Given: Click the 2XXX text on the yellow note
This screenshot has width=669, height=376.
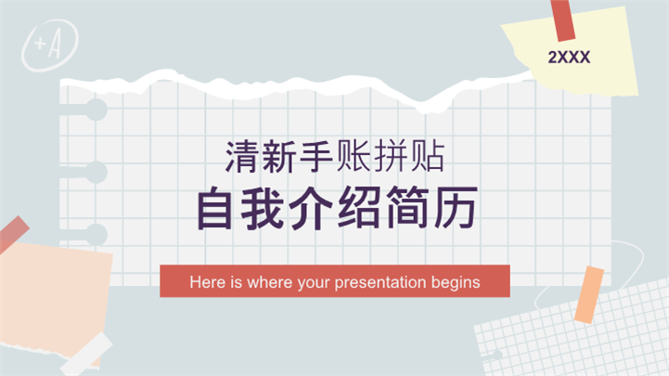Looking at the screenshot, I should point(569,57).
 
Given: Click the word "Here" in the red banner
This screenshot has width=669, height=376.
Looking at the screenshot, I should point(205,281).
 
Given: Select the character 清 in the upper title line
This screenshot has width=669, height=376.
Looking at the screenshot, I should point(240,155).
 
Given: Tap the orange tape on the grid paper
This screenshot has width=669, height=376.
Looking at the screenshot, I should point(589,295).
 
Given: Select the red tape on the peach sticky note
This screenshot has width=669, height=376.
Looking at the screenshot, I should point(13,235).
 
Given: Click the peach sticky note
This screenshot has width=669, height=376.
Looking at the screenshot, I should point(56,297).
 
